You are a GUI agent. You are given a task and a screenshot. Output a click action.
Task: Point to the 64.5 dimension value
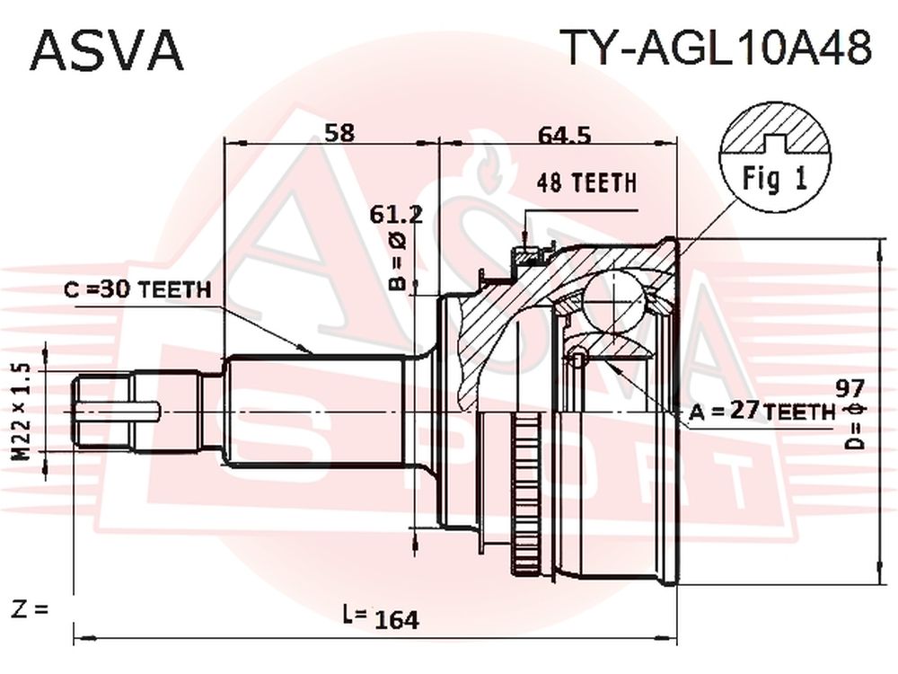(564, 136)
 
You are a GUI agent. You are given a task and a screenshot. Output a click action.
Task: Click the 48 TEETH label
(587, 182)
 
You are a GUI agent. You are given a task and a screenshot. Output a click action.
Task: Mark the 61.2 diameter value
(396, 215)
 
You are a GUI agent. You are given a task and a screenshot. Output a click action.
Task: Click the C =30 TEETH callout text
(137, 290)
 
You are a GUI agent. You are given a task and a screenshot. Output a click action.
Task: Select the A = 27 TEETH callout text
(762, 411)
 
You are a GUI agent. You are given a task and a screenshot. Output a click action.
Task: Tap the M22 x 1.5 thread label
(22, 412)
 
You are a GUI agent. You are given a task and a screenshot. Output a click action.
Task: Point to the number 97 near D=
(850, 388)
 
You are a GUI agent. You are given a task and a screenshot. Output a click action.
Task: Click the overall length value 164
(398, 619)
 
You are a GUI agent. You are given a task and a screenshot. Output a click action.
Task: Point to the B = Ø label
(399, 261)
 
